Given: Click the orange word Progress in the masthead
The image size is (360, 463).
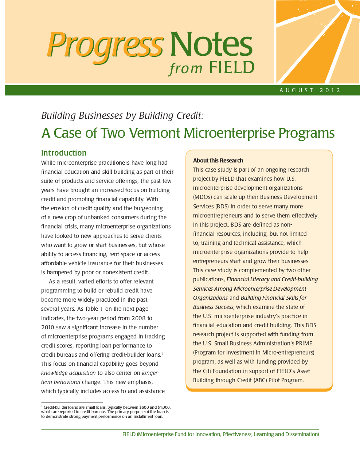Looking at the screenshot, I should (105, 46).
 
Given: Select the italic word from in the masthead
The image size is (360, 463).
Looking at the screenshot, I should (186, 68).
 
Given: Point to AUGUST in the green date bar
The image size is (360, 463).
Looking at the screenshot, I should (297, 90).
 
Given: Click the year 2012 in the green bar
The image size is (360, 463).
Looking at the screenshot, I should (330, 90).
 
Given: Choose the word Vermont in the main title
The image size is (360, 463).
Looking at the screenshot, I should (154, 133).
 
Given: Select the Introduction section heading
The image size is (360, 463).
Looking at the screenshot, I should (64, 153).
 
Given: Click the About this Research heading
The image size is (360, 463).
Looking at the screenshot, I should (218, 161).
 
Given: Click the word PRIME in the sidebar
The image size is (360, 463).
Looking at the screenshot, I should (304, 344).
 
